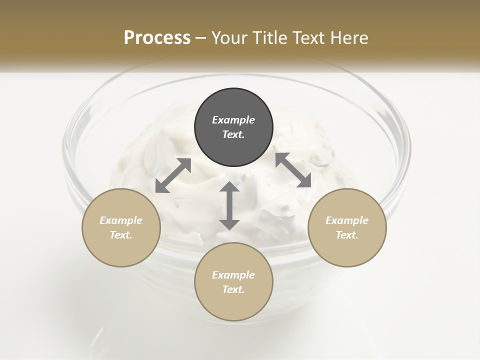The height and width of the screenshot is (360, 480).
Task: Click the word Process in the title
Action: click(x=157, y=38)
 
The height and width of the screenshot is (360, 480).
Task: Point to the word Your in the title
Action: click(x=227, y=38)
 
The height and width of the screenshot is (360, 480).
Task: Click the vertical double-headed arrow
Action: click(x=229, y=205)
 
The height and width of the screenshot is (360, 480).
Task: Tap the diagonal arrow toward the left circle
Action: click(x=173, y=175)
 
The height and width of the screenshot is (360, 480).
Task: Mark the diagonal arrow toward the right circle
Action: click(x=293, y=170)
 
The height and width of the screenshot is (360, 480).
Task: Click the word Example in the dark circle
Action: click(x=233, y=120)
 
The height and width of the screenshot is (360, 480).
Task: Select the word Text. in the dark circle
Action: click(x=233, y=134)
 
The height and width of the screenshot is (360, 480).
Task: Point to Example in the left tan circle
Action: click(x=121, y=220)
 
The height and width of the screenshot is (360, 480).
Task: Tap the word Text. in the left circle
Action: click(x=121, y=235)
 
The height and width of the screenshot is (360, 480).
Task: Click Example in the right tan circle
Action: click(x=347, y=220)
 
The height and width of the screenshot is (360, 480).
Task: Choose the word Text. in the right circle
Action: click(x=347, y=235)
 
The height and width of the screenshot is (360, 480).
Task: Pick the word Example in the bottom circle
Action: click(x=233, y=275)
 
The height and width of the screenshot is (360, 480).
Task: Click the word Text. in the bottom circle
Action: click(x=233, y=289)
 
